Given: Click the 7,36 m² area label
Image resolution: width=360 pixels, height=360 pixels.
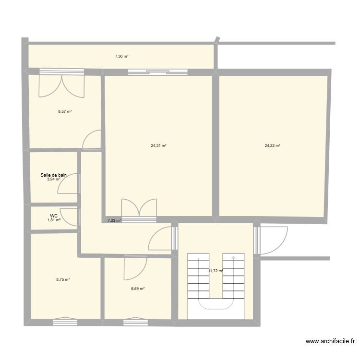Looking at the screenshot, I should tap(121, 56).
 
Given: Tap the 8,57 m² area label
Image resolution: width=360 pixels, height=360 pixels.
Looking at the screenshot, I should tap(65, 111).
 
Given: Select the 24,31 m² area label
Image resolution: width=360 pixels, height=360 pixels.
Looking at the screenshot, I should tap(158, 145).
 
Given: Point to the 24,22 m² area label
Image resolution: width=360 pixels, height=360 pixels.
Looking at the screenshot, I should tap(272, 145).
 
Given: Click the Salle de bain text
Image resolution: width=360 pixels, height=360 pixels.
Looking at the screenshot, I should tap(53, 175).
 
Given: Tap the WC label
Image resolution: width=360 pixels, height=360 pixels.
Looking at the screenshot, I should tap(54, 216).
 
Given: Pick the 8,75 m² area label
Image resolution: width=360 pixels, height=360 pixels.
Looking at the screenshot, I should tap(63, 279).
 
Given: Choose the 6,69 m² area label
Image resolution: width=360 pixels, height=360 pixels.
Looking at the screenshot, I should tap(138, 288).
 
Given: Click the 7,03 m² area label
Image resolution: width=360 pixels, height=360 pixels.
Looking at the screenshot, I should tap(114, 221).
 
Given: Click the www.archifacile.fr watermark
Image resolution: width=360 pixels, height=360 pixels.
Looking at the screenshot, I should tap(330, 342).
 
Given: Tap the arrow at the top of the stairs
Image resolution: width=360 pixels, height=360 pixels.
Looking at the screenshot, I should tap(233, 258).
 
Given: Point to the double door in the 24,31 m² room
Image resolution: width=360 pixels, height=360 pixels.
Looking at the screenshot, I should tap(139, 209).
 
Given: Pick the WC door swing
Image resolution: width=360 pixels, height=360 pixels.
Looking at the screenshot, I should tap(70, 217).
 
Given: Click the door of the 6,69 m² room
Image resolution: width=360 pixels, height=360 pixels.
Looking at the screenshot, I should tap(135, 268).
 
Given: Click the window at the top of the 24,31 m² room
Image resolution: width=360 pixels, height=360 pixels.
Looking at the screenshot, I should tap(157, 72).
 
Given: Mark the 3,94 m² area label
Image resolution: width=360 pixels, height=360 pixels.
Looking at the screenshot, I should tap(53, 180).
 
